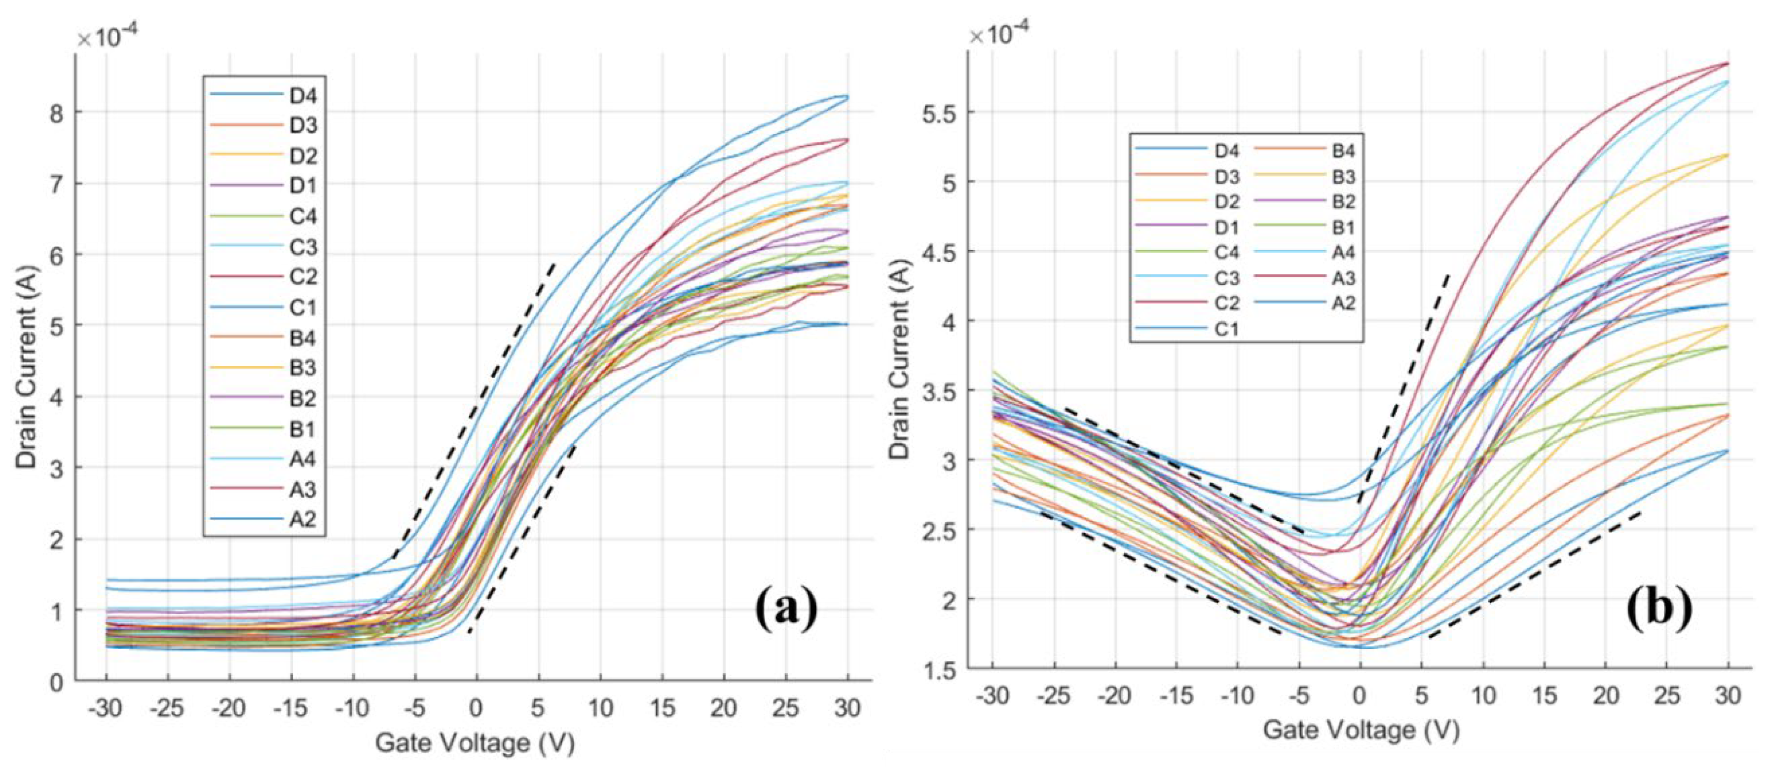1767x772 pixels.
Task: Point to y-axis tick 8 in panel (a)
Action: [x=57, y=113]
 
